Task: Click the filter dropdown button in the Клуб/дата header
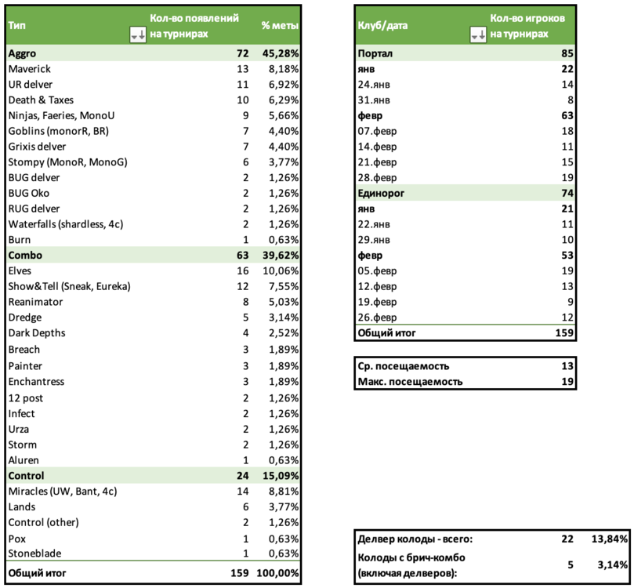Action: pos(477,34)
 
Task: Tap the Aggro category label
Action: pos(22,53)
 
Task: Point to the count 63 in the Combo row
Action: pos(241,256)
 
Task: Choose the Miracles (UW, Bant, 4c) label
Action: pos(62,492)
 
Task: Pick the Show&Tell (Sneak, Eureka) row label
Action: pos(69,287)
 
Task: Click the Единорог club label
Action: pos(381,192)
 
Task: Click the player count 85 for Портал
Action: pos(567,53)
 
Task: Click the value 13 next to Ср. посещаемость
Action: pos(568,366)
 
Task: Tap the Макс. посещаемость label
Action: pos(410,382)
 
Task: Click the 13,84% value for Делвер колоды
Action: pos(609,539)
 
